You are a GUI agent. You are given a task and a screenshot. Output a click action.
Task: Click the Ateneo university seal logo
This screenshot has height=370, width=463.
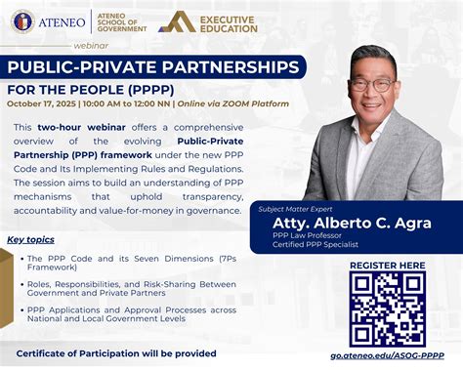pos(21,21)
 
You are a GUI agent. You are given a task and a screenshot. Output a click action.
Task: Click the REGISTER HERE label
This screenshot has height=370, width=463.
pos(387,266)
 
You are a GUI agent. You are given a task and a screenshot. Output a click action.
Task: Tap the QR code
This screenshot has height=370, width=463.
pos(387,308)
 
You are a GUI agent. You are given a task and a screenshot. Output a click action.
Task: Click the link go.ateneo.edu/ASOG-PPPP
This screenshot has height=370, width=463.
pos(387,356)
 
